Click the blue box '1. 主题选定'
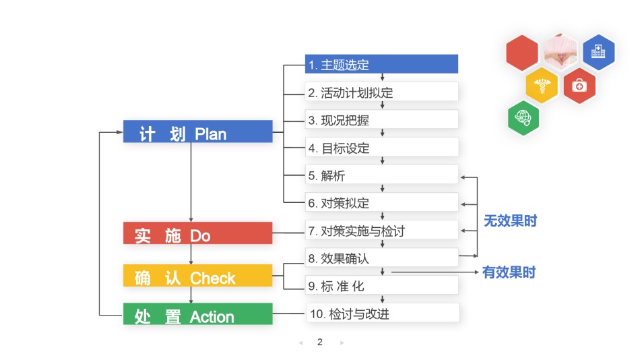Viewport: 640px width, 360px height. click(x=381, y=64)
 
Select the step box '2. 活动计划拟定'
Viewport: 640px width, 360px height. click(x=381, y=92)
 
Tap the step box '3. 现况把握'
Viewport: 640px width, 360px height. click(x=381, y=120)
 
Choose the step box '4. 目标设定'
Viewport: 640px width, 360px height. click(x=381, y=148)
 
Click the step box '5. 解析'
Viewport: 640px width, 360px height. click(x=381, y=175)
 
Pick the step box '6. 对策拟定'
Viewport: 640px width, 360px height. click(x=381, y=203)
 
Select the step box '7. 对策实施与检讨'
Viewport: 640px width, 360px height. click(x=381, y=231)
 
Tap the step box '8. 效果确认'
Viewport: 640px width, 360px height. click(x=381, y=258)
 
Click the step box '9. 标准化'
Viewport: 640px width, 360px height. click(x=381, y=285)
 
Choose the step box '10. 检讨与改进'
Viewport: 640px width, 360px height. click(x=383, y=313)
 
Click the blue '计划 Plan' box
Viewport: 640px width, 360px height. click(x=198, y=131)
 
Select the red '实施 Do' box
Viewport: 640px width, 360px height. click(x=198, y=233)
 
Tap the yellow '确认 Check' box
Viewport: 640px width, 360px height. click(x=198, y=276)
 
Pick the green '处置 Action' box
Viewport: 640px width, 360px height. click(x=198, y=314)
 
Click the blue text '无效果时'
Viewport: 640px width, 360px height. click(x=510, y=221)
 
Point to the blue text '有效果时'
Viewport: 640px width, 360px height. click(x=509, y=272)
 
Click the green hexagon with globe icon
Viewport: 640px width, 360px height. click(x=523, y=118)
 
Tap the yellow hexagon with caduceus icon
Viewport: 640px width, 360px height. click(x=542, y=86)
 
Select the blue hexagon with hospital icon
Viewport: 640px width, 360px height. click(x=598, y=52)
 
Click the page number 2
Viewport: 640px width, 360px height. click(x=320, y=342)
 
